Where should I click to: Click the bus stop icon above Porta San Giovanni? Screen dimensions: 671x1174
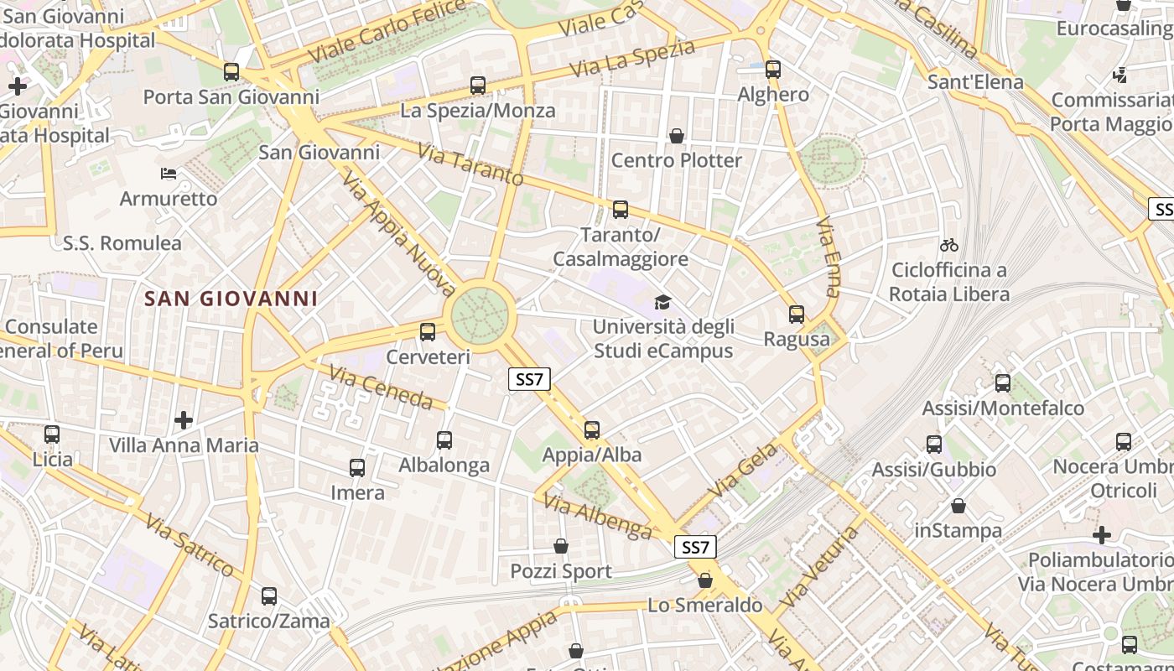tap(231, 72)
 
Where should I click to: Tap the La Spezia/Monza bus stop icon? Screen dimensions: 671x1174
tap(478, 85)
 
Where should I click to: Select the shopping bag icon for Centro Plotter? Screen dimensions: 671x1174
tap(677, 136)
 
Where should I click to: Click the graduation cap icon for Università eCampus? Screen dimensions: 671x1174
tap(663, 302)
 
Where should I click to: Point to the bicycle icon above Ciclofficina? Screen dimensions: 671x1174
tap(949, 245)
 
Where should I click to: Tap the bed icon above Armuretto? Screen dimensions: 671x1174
tap(169, 174)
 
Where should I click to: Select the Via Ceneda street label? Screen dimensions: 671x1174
tap(381, 387)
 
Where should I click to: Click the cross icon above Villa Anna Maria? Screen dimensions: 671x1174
tap(184, 420)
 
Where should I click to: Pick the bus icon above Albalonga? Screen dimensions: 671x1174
tap(444, 440)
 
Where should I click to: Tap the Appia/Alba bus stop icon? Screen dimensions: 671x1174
tap(592, 430)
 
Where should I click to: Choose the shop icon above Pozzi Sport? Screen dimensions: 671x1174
tap(561, 547)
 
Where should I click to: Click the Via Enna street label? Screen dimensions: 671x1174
tap(828, 257)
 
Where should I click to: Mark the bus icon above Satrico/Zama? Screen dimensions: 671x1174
tap(269, 596)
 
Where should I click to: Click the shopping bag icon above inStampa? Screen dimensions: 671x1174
tap(958, 506)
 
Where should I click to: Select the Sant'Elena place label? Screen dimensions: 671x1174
tap(975, 82)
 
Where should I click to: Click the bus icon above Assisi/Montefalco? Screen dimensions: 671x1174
tap(1003, 383)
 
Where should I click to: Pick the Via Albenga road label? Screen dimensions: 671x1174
tap(597, 516)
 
